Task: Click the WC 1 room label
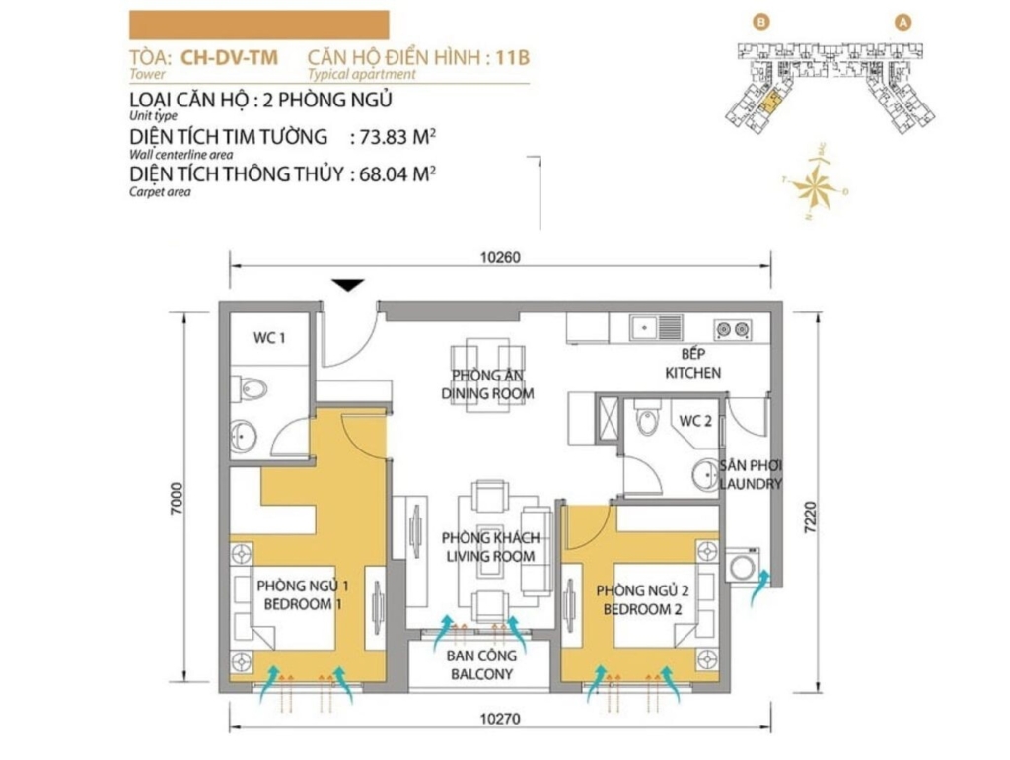[x=269, y=338]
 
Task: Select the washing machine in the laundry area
[x=744, y=566]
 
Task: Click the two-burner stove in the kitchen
[x=733, y=329]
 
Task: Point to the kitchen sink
[x=656, y=327]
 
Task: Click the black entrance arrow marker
[x=348, y=285]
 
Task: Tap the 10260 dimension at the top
[x=500, y=257]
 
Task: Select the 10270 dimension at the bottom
[x=500, y=719]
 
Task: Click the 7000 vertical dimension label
[x=177, y=498]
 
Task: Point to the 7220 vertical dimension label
[x=810, y=517]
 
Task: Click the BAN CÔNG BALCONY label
[x=481, y=664]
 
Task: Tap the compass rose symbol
[x=816, y=184]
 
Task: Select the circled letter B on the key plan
[x=761, y=23]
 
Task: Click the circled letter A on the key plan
[x=903, y=23]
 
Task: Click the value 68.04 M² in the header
[x=397, y=173]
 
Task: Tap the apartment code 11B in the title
[x=513, y=58]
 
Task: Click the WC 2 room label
[x=695, y=422]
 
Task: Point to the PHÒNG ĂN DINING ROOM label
[x=487, y=384]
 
